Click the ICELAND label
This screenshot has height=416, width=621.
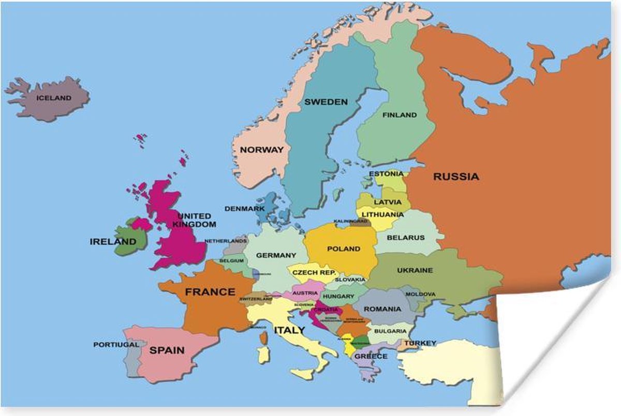coord(53,98)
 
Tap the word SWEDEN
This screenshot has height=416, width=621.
coord(326,102)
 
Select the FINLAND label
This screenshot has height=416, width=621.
coord(399,115)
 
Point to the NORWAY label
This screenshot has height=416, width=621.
coord(262,150)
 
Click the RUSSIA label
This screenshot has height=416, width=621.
coord(456,177)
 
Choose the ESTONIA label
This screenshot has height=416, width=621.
coord(386,174)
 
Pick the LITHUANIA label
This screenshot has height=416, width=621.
coord(383,214)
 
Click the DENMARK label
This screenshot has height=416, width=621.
coord(244,209)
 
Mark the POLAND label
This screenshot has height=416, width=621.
coord(344,249)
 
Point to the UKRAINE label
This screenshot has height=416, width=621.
coord(415,270)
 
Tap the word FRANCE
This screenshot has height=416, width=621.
coord(210,292)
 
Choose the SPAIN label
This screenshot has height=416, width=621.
coord(167,350)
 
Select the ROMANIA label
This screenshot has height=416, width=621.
coord(382,309)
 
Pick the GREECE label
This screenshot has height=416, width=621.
coord(371,357)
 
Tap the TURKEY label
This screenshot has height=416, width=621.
coord(420,343)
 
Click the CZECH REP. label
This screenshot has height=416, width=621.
coord(314,272)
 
